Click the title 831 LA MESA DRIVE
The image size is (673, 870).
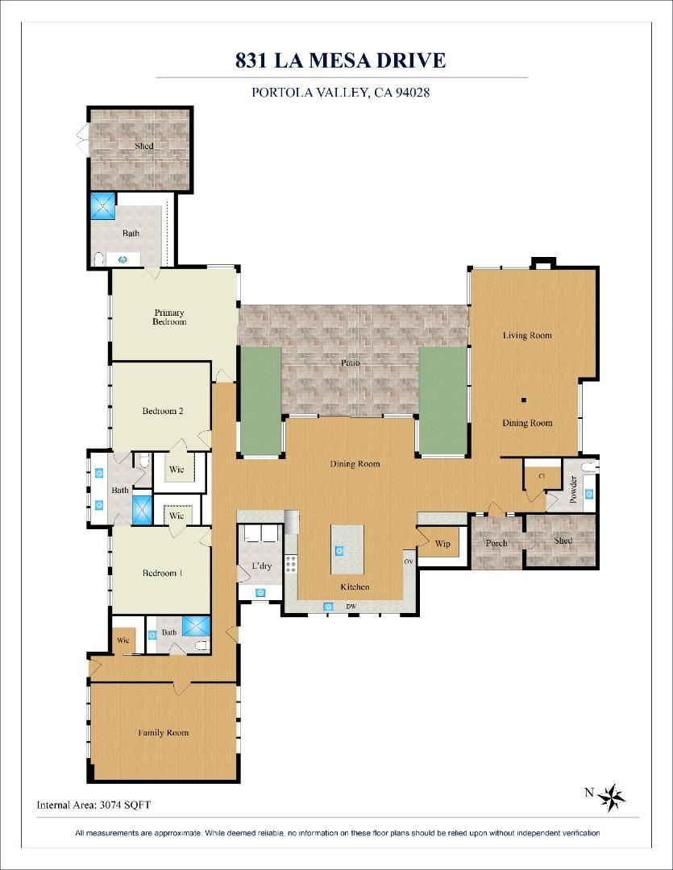340,60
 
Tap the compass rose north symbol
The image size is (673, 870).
612,797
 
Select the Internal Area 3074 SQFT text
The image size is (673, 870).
93,804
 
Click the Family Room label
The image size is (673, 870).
163,732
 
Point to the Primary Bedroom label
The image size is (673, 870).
169,317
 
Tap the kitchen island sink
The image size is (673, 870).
339,552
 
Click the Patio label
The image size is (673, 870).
350,363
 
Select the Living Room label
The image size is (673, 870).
527,335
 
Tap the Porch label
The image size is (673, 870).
496,543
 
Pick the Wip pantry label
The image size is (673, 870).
442,544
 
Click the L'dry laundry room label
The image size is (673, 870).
261,566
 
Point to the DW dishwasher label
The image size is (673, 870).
351,607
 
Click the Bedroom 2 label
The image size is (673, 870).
163,411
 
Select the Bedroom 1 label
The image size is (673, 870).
162,573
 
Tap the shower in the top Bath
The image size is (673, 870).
104,206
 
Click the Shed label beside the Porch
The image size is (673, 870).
563,541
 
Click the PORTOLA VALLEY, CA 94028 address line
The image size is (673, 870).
340,93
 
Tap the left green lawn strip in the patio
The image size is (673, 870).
260,400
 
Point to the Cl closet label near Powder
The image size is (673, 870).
542,476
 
